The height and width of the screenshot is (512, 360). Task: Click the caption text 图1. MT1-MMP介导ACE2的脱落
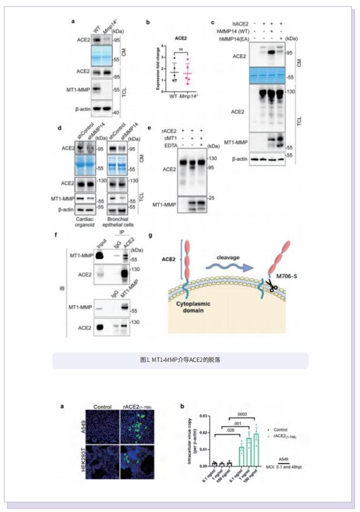(x=179, y=360)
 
